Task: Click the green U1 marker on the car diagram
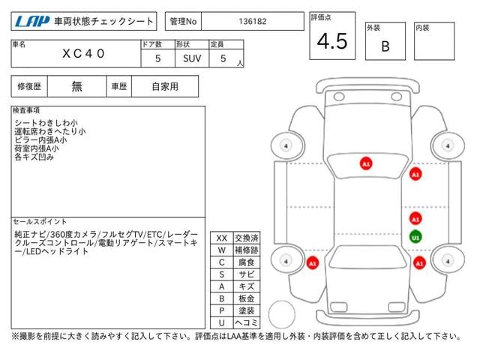point(415,238)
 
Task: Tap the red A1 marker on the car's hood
point(365,163)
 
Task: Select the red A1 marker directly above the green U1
point(415,218)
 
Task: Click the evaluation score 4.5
point(331,42)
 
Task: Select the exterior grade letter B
point(385,46)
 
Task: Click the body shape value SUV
point(191,57)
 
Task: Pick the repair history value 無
point(76,86)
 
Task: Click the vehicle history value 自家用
point(165,86)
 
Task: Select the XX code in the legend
point(221,238)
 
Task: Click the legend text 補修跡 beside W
point(246,250)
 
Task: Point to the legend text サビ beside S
point(246,274)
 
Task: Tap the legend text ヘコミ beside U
point(246,322)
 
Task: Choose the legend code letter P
point(221,310)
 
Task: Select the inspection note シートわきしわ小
point(46,121)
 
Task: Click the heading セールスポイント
point(39,222)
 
